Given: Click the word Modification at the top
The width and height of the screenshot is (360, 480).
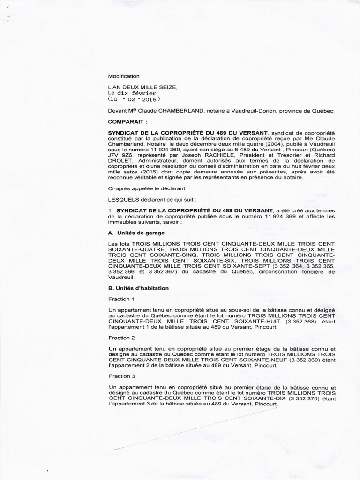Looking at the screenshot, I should point(124,76).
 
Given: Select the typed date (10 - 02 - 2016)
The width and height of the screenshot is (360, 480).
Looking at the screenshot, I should point(134,99).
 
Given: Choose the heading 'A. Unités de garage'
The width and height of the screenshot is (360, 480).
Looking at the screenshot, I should point(136,232).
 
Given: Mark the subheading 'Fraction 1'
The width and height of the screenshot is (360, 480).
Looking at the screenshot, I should point(121,299).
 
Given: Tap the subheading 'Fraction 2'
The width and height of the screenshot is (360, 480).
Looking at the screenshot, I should point(121,337).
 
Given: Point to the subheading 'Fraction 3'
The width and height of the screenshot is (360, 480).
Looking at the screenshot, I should point(121,376).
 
